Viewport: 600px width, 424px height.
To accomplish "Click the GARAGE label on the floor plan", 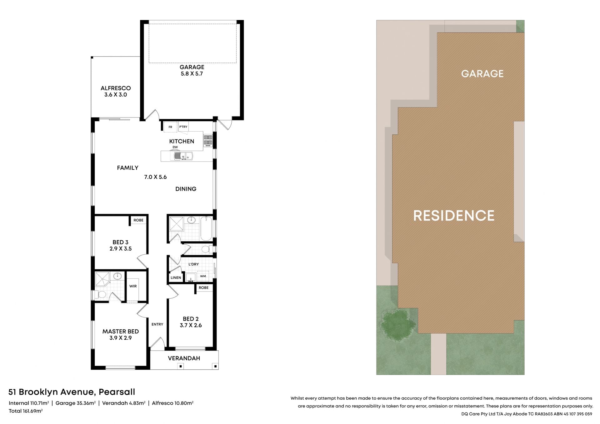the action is coord(192,67).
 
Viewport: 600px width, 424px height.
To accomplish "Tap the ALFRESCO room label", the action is coord(116,88).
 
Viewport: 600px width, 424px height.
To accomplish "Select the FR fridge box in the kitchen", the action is coord(170,127).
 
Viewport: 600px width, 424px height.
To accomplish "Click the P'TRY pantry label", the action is coord(183,127).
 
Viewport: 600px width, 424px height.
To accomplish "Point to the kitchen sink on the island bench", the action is coord(183,156).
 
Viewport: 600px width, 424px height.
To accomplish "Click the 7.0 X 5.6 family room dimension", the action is coord(155,177).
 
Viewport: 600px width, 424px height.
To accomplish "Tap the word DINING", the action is coord(186,189).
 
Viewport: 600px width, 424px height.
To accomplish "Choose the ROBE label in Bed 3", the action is coord(138,220).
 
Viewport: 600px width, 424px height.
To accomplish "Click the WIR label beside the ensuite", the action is coord(133,286).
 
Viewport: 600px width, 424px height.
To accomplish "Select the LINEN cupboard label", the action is coord(176,277).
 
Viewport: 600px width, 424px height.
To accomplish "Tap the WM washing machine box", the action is coord(203,276).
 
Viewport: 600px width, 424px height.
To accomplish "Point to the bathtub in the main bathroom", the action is coord(206,228).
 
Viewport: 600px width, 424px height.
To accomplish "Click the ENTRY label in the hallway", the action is coord(157,324).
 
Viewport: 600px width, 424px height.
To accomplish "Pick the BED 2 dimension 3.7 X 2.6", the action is coord(191,325).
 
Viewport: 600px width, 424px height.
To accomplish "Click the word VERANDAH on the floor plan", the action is coord(184,358).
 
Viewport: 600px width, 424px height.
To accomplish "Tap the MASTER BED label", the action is coord(121,332).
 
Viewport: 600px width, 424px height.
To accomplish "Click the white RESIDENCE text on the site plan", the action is coord(454,216).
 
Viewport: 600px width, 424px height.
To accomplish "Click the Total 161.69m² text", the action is coord(26,411).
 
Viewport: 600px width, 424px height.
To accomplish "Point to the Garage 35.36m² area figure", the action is coord(75,403).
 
